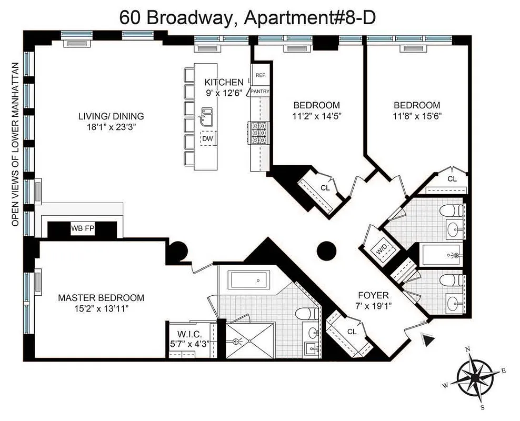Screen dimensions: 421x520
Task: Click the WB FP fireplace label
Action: point(82,228)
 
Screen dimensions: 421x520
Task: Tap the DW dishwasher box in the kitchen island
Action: point(207,139)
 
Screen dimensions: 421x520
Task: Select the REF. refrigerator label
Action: point(261,75)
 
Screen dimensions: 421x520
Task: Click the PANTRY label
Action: point(261,91)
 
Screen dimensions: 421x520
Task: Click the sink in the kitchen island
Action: point(206,116)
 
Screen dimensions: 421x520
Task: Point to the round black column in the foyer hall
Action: point(327,250)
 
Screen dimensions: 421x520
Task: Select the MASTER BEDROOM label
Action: point(101,298)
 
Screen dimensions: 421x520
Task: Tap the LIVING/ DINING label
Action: point(111,116)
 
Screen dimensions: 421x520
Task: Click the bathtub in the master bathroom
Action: point(250,279)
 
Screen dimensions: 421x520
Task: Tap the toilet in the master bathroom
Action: point(306,314)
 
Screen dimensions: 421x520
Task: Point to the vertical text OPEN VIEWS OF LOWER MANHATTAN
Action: point(16,144)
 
